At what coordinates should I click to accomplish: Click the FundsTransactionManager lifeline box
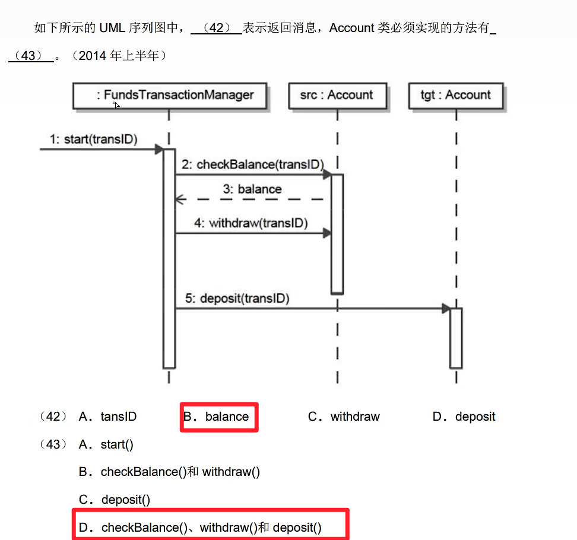[x=169, y=95]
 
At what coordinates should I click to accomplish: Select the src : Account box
[x=337, y=95]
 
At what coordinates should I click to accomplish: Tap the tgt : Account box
[x=456, y=95]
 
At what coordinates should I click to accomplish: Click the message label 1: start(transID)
[x=94, y=139]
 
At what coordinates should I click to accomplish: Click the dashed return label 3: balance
[x=252, y=189]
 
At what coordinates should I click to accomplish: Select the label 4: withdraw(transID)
[x=251, y=224]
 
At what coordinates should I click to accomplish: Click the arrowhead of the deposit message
[x=446, y=309]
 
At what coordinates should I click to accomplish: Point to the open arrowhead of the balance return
[x=178, y=199]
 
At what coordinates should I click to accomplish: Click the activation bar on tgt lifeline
[x=456, y=338]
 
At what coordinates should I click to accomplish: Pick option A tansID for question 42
[x=107, y=417]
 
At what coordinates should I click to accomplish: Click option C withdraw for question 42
[x=344, y=417]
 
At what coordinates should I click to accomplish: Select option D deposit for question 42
[x=464, y=417]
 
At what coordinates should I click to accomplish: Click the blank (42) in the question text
[x=216, y=28]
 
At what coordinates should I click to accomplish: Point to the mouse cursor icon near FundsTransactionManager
[x=117, y=105]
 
